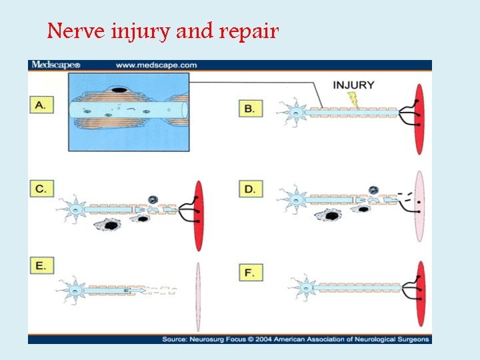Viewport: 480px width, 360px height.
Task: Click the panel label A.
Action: pyautogui.click(x=41, y=106)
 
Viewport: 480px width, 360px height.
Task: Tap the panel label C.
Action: pyautogui.click(x=41, y=189)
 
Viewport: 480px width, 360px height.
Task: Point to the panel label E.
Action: pyautogui.click(x=41, y=267)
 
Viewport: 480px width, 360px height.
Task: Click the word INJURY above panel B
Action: pyautogui.click(x=353, y=85)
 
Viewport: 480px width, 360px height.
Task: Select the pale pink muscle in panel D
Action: pyautogui.click(x=419, y=206)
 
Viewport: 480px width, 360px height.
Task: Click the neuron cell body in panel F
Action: pyautogui.click(x=305, y=288)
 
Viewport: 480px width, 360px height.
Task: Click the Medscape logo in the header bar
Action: pyautogui.click(x=55, y=65)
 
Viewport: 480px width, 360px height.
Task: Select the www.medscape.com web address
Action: pyautogui.click(x=156, y=65)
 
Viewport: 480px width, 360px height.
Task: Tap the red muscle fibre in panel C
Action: pyautogui.click(x=198, y=207)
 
